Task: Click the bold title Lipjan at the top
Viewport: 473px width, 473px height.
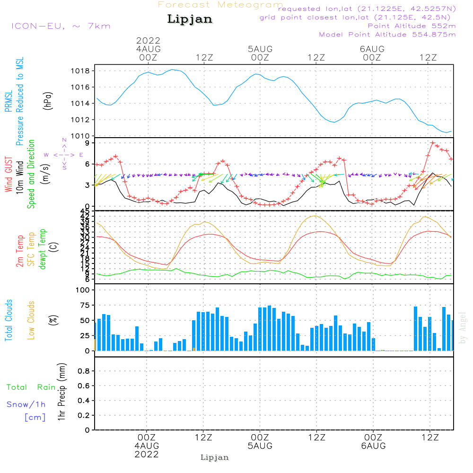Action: point(190,19)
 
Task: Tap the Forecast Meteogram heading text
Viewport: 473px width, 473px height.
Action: point(220,5)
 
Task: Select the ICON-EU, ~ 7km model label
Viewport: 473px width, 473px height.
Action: point(61,26)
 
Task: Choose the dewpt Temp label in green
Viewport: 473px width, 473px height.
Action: point(43,249)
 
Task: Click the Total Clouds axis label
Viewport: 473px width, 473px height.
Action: point(9,320)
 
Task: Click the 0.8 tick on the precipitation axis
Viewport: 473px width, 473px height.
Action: point(84,371)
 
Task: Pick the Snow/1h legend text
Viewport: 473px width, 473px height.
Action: point(26,404)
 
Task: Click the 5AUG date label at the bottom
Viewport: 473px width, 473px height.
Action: point(260,446)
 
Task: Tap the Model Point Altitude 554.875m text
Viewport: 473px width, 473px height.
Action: point(387,35)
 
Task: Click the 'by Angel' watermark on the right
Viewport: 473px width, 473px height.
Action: point(463,327)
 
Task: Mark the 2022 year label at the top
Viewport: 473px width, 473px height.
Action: point(149,40)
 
